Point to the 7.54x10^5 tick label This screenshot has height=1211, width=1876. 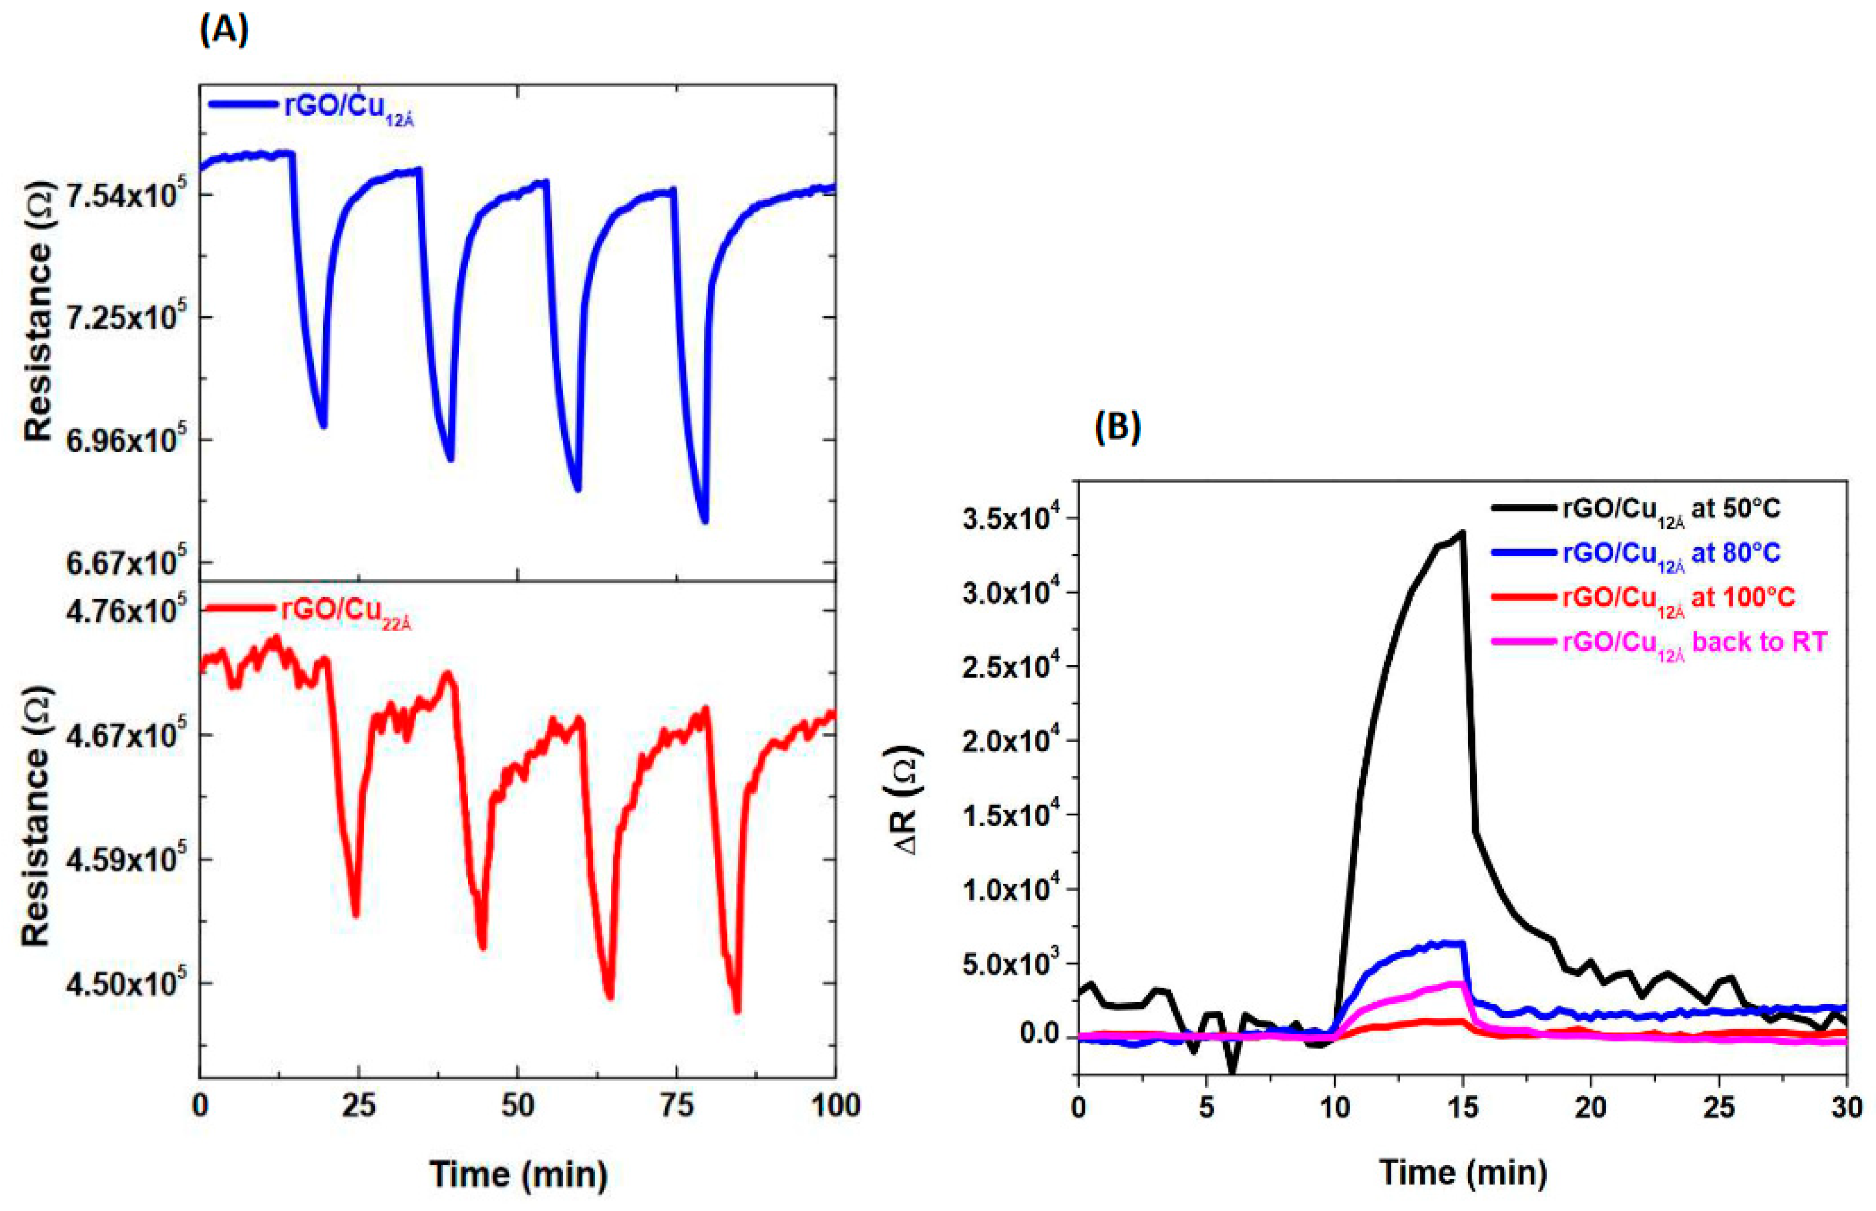(126, 195)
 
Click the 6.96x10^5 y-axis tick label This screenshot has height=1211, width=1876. (126, 441)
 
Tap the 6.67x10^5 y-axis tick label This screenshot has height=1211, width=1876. (126, 563)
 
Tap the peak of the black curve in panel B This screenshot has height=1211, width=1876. (1462, 532)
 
